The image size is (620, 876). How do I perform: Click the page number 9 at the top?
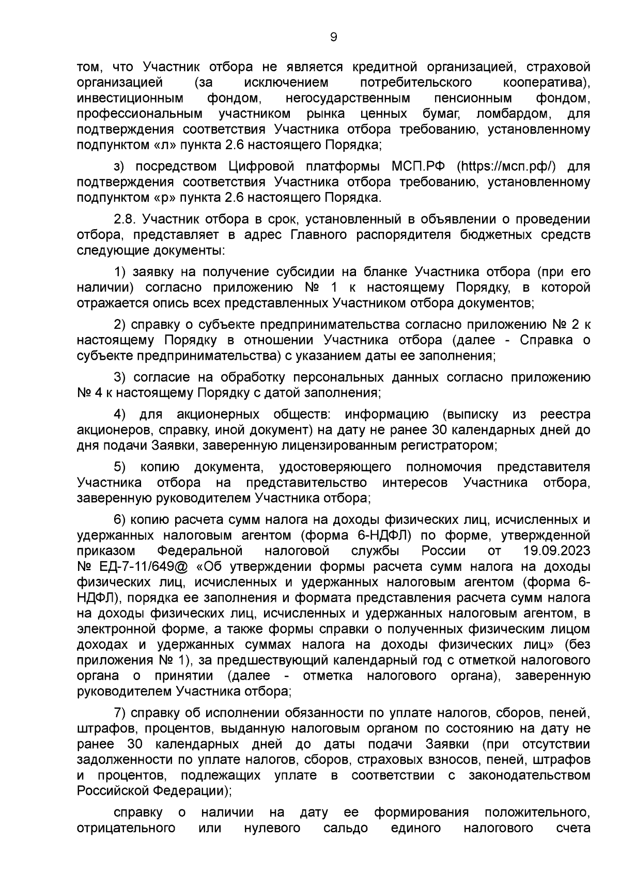pyautogui.click(x=333, y=37)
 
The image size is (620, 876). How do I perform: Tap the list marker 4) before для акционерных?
pyautogui.click(x=120, y=415)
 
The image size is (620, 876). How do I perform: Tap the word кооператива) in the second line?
pyautogui.click(x=546, y=82)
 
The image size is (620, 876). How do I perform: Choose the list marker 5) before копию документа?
pyautogui.click(x=120, y=467)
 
